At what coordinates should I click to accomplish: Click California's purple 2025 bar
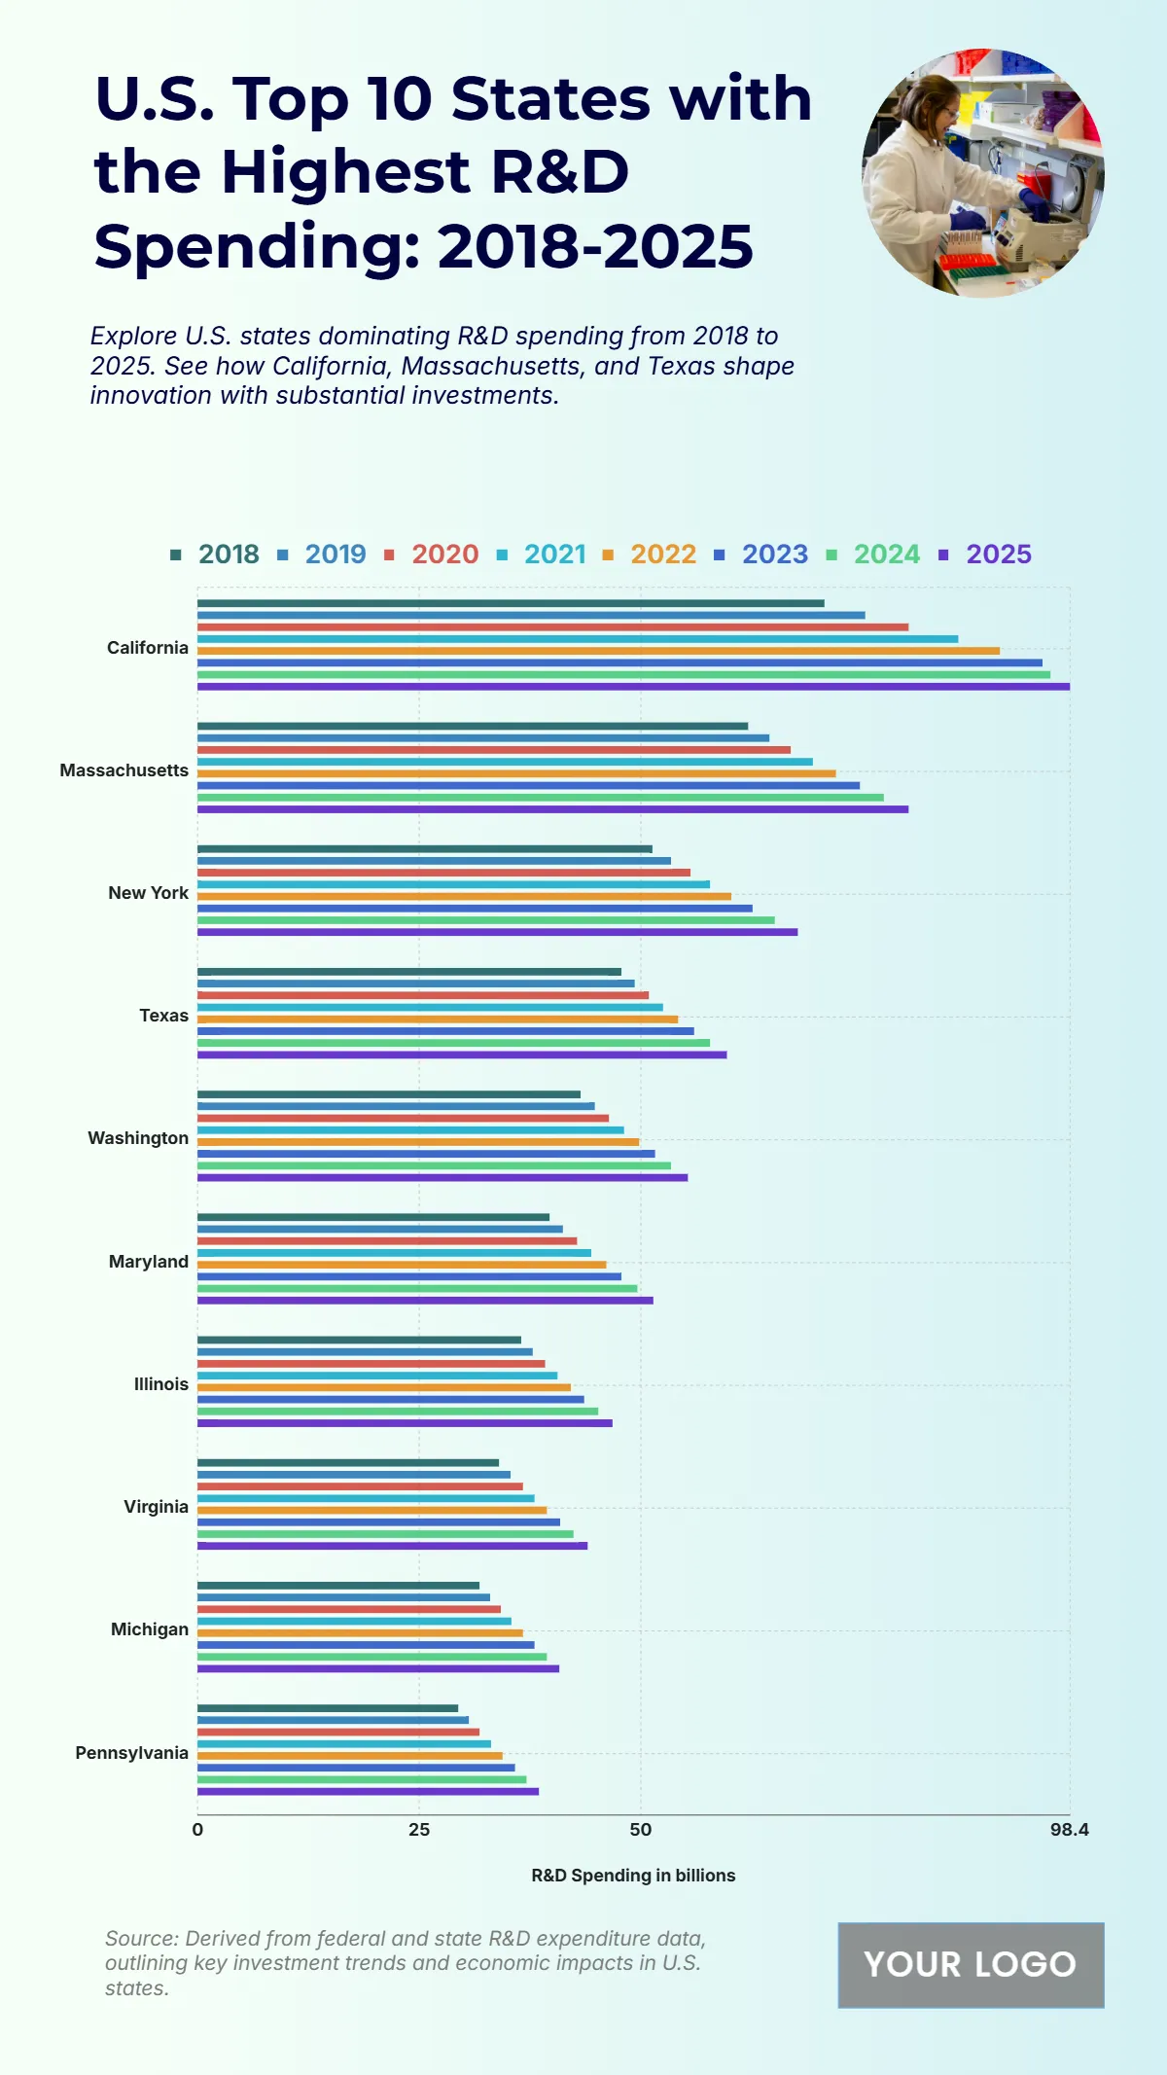pyautogui.click(x=632, y=687)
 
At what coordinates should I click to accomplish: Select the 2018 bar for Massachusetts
pyautogui.click(x=473, y=726)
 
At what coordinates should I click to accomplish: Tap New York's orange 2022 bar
pyautogui.click(x=464, y=897)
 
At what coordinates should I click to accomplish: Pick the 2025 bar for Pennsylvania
pyautogui.click(x=368, y=1791)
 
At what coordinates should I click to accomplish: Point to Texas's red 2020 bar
pyautogui.click(x=422, y=995)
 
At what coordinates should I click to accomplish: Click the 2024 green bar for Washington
pyautogui.click(x=434, y=1165)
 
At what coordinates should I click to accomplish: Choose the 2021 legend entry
pyautogui.click(x=543, y=555)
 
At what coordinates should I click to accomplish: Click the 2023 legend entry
pyautogui.click(x=761, y=555)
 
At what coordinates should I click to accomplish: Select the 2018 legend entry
pyautogui.click(x=215, y=555)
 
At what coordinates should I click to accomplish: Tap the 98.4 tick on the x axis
pyautogui.click(x=1069, y=1830)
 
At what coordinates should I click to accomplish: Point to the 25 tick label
pyautogui.click(x=419, y=1830)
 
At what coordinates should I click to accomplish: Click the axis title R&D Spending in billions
pyautogui.click(x=633, y=1876)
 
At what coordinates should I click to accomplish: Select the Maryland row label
pyautogui.click(x=149, y=1262)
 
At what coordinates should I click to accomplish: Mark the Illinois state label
pyautogui.click(x=161, y=1384)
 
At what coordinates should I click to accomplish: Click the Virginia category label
pyautogui.click(x=156, y=1507)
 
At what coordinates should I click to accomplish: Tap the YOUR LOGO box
pyautogui.click(x=971, y=1965)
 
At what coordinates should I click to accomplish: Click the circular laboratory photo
pyautogui.click(x=982, y=173)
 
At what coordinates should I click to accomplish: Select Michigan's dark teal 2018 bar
pyautogui.click(x=338, y=1586)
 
